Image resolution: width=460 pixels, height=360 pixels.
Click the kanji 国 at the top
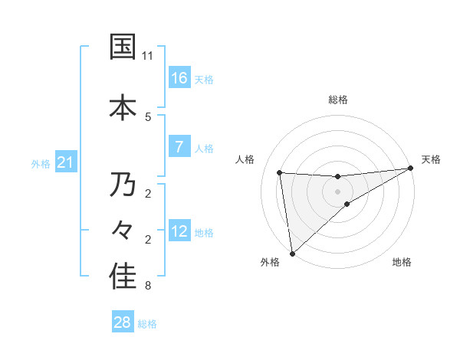pyautogui.click(x=122, y=47)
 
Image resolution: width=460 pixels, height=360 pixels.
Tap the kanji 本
pyautogui.click(x=122, y=106)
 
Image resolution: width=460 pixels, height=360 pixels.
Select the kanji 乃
pyautogui.click(x=122, y=185)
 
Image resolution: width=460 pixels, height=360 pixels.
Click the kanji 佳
pyautogui.click(x=122, y=277)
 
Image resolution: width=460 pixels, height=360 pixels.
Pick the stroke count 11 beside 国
pyautogui.click(x=148, y=56)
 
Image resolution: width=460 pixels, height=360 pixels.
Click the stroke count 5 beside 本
pyautogui.click(x=148, y=116)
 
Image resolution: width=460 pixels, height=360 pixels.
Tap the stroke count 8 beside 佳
pyautogui.click(x=148, y=286)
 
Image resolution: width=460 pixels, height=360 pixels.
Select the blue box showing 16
pyautogui.click(x=179, y=77)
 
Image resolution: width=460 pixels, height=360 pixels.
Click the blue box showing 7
pyautogui.click(x=179, y=147)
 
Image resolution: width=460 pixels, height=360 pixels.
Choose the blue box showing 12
pyautogui.click(x=179, y=231)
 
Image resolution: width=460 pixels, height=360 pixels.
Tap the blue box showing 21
pyautogui.click(x=66, y=162)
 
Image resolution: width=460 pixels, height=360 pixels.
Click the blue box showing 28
pyautogui.click(x=123, y=322)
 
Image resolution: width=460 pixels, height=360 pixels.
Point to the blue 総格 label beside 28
pyautogui.click(x=147, y=324)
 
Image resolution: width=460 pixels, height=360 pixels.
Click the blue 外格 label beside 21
pyautogui.click(x=41, y=164)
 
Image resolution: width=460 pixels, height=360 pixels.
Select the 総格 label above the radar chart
pyautogui.click(x=338, y=100)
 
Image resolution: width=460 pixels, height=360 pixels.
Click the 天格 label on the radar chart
pyautogui.click(x=431, y=159)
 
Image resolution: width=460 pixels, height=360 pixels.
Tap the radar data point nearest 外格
pyautogui.click(x=291, y=254)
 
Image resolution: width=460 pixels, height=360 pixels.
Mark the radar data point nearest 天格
pyautogui.click(x=411, y=169)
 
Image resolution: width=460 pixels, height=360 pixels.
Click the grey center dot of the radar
pyautogui.click(x=338, y=191)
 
